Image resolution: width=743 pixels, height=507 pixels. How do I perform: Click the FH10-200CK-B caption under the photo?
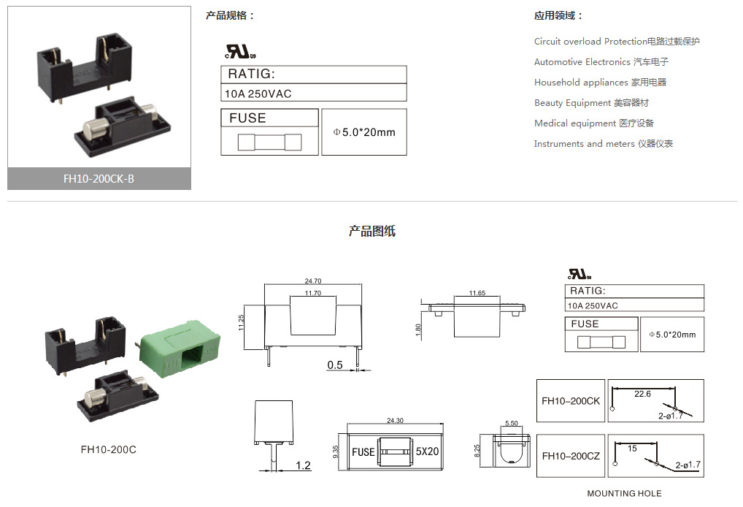point(99,179)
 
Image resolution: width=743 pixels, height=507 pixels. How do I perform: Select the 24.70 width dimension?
point(312,281)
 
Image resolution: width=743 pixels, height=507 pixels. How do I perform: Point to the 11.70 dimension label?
point(312,293)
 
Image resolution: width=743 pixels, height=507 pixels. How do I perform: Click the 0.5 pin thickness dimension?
point(335,365)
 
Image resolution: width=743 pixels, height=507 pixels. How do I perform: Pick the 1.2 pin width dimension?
point(304,465)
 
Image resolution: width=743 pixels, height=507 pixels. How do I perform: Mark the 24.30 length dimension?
point(395,421)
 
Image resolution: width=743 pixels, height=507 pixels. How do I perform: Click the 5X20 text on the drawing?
point(428,452)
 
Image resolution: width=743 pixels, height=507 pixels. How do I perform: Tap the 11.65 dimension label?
point(477,293)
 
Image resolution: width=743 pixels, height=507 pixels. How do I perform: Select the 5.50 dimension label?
point(511,424)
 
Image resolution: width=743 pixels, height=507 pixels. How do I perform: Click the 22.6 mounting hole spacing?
point(642,394)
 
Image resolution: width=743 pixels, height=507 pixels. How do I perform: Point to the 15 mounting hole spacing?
point(632,449)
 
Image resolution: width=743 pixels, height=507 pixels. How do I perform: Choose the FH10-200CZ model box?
point(571,456)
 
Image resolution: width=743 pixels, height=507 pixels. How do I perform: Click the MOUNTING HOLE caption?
point(624,494)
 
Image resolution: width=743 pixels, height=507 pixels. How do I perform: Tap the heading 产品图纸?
point(371,232)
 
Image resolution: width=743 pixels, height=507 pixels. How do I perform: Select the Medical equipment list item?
point(593,123)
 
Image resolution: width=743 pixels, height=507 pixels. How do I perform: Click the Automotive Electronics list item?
point(601,62)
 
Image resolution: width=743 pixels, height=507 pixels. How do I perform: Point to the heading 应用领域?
point(558,15)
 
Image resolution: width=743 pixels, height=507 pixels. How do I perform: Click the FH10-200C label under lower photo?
point(108,449)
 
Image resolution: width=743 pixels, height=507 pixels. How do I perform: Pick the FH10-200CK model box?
point(571,401)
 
